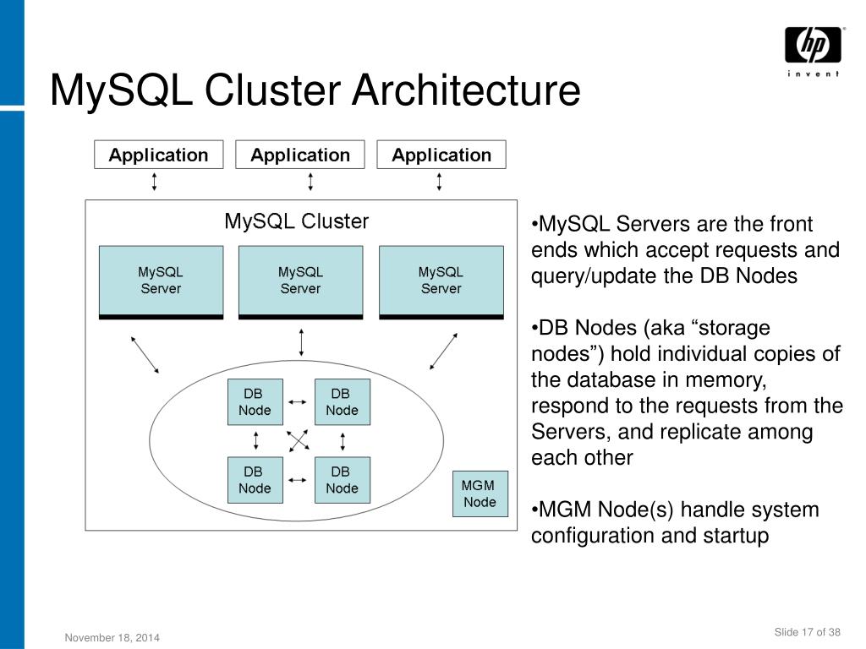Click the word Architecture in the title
point(466,90)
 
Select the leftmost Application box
point(158,155)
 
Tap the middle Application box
point(300,155)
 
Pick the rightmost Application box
point(441,155)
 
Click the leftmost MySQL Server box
point(162,282)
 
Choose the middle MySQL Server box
point(300,282)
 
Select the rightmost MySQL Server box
point(441,282)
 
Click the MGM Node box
point(480,494)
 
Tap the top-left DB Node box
point(255,401)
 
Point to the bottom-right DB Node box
point(343,480)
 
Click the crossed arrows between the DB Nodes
point(299,441)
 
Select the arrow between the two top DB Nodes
point(298,402)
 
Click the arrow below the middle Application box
point(311,182)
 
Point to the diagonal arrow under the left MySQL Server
point(145,354)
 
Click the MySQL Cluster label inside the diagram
point(296,221)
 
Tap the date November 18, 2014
point(112,637)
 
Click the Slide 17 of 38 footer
point(807,632)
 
